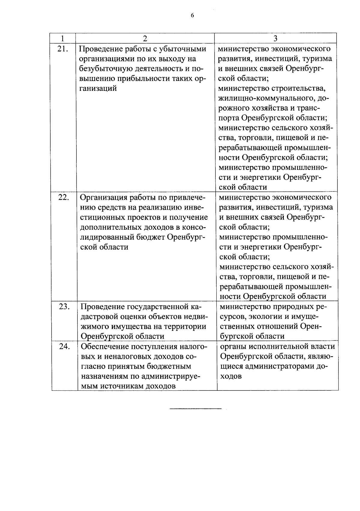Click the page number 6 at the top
(192, 16)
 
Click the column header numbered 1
(62, 38)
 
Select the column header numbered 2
(145, 38)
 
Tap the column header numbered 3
(275, 38)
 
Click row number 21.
(63, 49)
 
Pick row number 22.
(64, 198)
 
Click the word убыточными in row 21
(183, 49)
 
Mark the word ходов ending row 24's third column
(231, 376)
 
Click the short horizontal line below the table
(195, 409)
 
